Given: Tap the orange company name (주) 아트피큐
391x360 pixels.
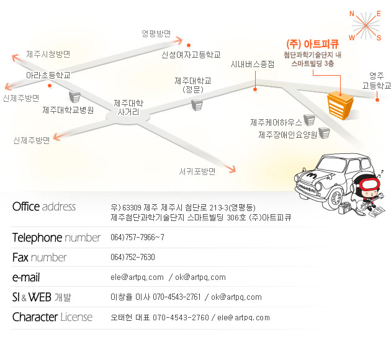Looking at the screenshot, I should pyautogui.click(x=312, y=44).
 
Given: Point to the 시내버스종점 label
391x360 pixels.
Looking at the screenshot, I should pyautogui.click(x=252, y=64).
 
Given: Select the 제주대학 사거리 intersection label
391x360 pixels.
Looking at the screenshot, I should pyautogui.click(x=128, y=107).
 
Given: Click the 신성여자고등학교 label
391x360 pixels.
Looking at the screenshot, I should pyautogui.click(x=191, y=55).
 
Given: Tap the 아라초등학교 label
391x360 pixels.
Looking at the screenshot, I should pyautogui.click(x=48, y=74).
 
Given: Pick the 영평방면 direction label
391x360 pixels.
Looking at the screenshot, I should pyautogui.click(x=156, y=33).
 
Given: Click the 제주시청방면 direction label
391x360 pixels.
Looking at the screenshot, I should pyautogui.click(x=48, y=54).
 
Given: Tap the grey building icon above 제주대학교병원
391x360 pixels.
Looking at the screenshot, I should pyautogui.click(x=75, y=97).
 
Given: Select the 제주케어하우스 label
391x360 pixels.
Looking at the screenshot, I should pyautogui.click(x=276, y=122).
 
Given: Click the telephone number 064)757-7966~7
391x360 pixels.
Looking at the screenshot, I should pyautogui.click(x=137, y=237).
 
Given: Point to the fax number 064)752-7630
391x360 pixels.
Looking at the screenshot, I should pyautogui.click(x=133, y=257).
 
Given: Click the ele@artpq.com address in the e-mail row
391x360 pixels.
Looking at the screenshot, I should pyautogui.click(x=137, y=277).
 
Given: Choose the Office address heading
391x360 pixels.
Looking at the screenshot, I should pyautogui.click(x=44, y=207).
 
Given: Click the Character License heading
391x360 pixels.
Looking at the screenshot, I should pyautogui.click(x=52, y=317).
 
